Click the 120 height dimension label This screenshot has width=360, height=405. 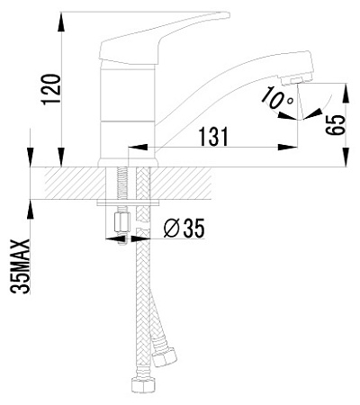(x=51, y=89)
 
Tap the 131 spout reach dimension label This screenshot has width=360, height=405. (x=213, y=137)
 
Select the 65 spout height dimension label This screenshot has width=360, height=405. (x=335, y=125)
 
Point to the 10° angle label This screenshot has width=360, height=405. (x=276, y=98)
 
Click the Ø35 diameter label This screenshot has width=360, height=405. (x=184, y=228)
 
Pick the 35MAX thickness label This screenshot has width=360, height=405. (x=20, y=265)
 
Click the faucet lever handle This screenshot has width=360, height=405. (x=164, y=38)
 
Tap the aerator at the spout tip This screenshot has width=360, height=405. (x=296, y=80)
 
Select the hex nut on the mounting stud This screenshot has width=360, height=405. (x=121, y=222)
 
